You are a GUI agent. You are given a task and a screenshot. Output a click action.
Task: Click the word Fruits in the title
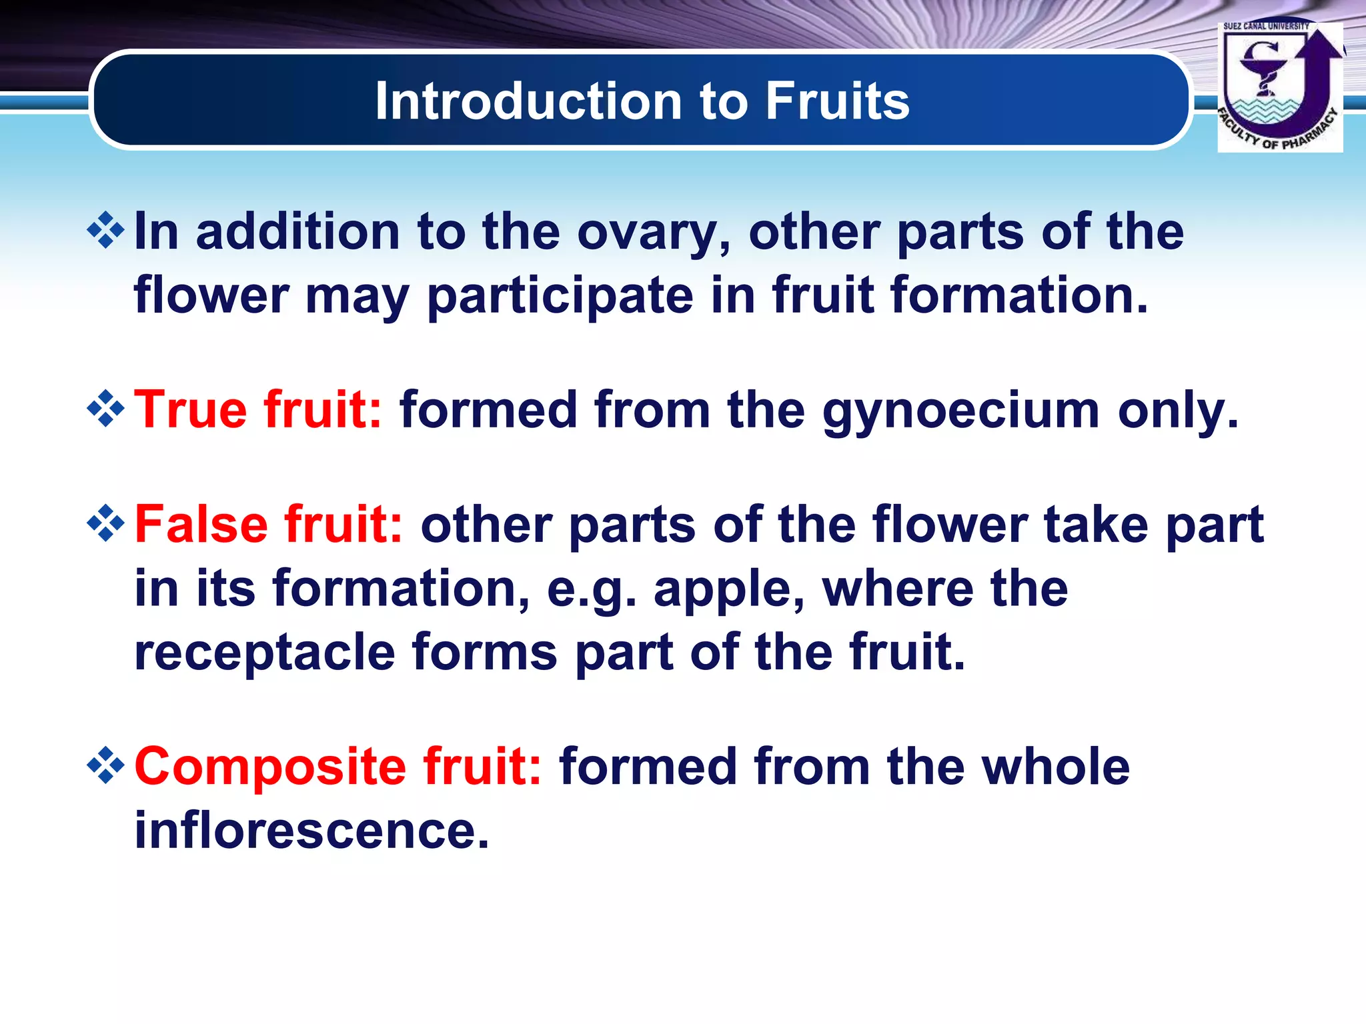[837, 101]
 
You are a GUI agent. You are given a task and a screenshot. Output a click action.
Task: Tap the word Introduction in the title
[528, 101]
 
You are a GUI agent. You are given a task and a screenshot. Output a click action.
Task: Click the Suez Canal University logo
[1279, 87]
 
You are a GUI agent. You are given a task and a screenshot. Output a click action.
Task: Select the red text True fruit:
[259, 409]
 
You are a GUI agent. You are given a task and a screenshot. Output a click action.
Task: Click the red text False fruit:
[269, 524]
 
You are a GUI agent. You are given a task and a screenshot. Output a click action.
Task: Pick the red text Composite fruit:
[338, 767]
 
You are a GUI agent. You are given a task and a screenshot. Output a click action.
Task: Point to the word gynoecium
[960, 412]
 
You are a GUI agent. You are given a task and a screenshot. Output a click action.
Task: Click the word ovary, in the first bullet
[654, 233]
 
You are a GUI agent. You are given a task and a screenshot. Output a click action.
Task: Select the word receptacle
[265, 653]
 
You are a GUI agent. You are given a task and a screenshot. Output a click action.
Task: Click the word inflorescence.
[312, 831]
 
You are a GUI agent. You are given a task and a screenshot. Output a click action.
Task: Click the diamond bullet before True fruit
[106, 409]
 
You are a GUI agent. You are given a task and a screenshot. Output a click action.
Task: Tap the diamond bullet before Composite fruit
[106, 765]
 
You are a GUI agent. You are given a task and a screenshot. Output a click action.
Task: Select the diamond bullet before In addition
[106, 231]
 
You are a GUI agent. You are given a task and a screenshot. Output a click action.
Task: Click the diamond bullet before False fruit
[106, 523]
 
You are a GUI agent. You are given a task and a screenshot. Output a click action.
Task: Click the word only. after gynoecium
[1178, 411]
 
